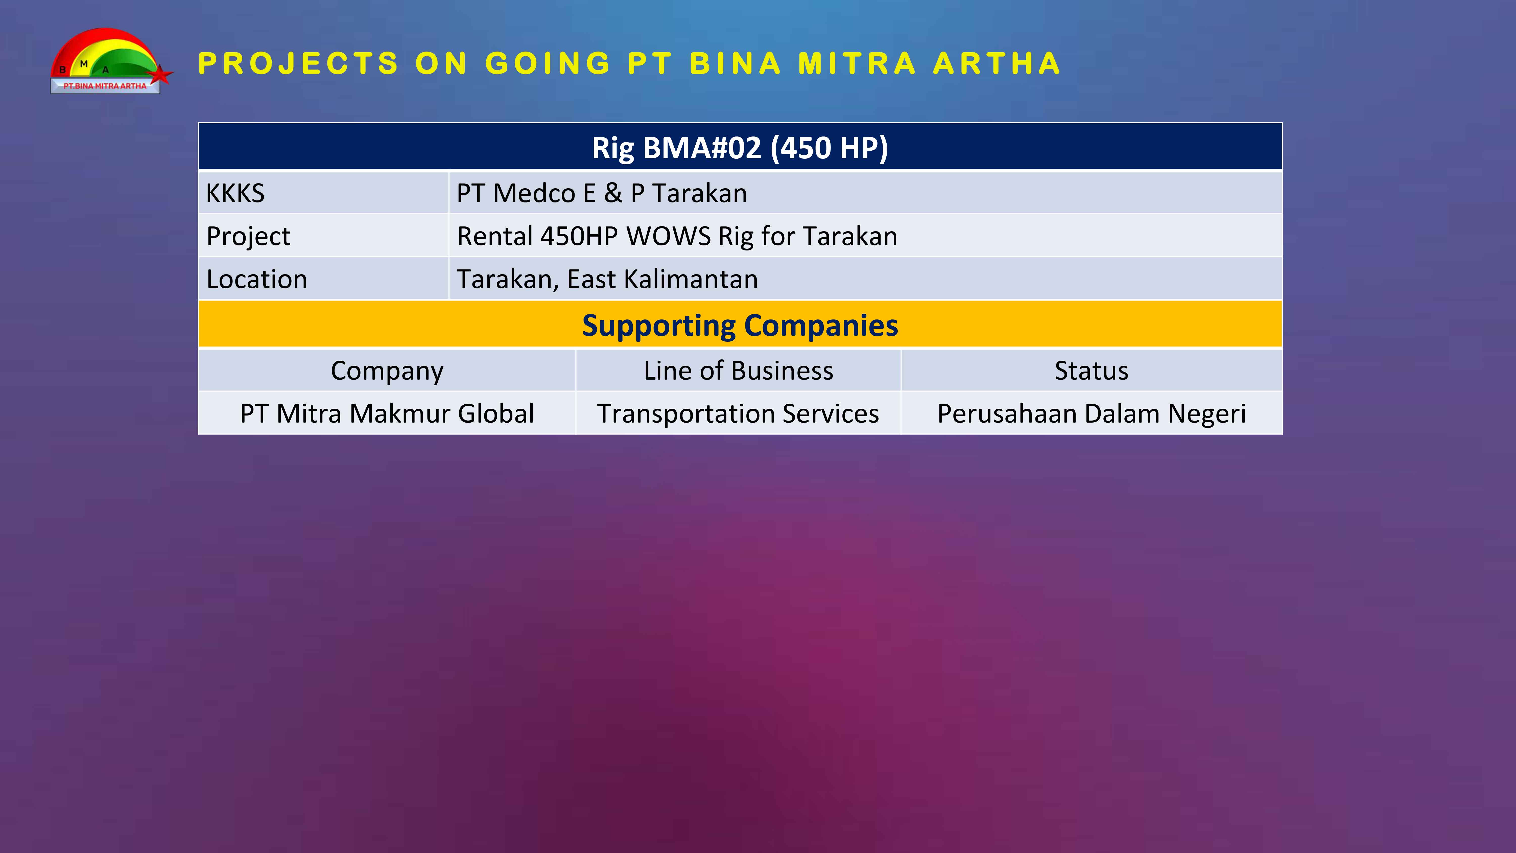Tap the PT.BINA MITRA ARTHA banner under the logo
pos(105,86)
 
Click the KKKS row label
pos(235,193)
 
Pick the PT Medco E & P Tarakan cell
pos(601,193)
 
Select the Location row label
pos(257,279)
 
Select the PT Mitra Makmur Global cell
pos(387,413)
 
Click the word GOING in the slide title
pos(548,64)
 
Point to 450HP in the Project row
pos(579,236)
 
